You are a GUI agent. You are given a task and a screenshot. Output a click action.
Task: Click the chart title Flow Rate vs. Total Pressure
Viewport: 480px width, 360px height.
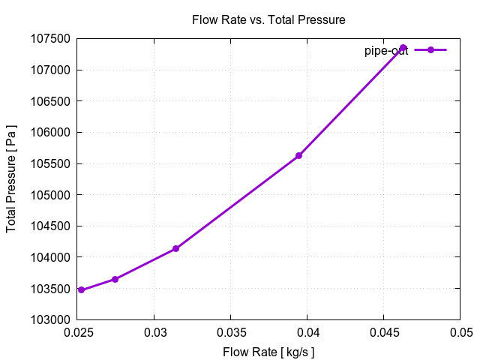click(268, 20)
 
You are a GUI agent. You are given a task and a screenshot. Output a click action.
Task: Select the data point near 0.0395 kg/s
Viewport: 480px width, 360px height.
click(298, 155)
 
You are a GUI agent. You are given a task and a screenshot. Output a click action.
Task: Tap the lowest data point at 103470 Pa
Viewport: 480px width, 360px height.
click(81, 290)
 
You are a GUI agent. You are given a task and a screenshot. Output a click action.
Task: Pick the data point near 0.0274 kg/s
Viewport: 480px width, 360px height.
click(115, 279)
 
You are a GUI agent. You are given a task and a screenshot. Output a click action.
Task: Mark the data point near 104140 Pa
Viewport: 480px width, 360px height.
click(175, 248)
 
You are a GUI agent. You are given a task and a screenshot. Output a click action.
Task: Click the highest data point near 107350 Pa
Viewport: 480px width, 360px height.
click(403, 48)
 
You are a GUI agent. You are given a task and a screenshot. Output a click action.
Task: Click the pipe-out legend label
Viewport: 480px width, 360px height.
click(385, 50)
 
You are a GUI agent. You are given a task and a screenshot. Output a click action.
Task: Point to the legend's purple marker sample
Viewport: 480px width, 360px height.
click(430, 49)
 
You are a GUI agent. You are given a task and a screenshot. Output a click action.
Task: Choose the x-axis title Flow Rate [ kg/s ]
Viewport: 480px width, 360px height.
click(268, 352)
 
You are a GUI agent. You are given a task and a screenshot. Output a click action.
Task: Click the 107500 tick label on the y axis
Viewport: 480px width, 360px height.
click(51, 39)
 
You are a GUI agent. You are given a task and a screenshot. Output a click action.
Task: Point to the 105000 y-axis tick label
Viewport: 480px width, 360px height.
click(51, 195)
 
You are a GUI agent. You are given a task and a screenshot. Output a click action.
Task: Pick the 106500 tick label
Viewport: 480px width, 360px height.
click(51, 101)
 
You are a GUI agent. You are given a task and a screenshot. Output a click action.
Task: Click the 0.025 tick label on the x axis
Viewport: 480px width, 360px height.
click(78, 332)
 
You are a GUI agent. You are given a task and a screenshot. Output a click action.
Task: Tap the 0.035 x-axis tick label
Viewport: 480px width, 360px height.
click(231, 332)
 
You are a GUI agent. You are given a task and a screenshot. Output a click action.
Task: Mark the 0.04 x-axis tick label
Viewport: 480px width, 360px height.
click(307, 332)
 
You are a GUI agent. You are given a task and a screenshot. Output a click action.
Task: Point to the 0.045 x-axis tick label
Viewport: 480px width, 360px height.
click(384, 332)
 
